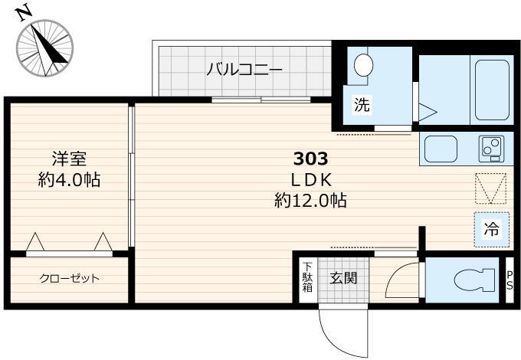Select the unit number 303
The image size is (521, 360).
tap(311, 159)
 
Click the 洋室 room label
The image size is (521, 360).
tap(69, 159)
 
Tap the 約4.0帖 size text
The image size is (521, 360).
tap(69, 180)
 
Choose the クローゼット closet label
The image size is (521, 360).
tap(69, 278)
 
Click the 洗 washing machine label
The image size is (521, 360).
tap(361, 106)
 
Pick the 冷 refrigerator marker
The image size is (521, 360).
tap(490, 227)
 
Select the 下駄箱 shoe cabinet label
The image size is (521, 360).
tap(307, 278)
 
